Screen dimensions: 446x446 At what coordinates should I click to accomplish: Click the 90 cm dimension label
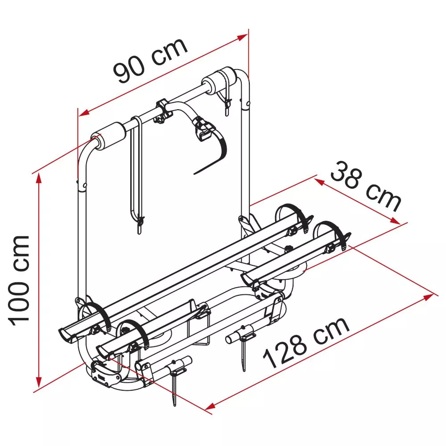[x=150, y=60]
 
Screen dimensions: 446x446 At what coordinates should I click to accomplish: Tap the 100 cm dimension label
[x=19, y=281]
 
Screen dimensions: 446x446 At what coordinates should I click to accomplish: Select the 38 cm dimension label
[x=366, y=187]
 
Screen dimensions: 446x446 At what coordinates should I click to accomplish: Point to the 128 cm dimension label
[x=306, y=342]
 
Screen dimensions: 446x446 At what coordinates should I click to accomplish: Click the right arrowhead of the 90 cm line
[x=243, y=37]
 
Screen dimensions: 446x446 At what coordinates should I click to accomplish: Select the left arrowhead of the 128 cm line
[x=210, y=406]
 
